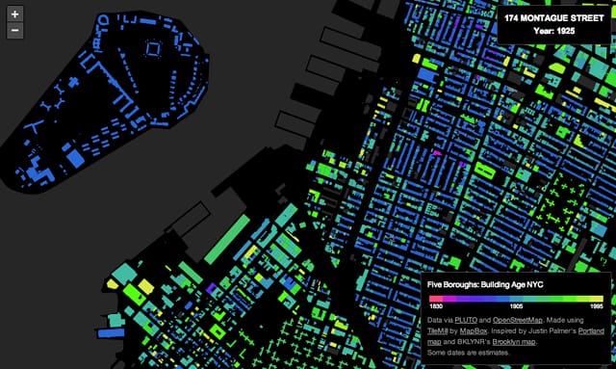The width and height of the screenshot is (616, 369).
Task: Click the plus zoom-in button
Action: [x=14, y=15]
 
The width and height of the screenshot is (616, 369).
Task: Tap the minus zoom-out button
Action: [x=14, y=31]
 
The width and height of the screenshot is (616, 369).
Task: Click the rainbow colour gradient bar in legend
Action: [x=515, y=299]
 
